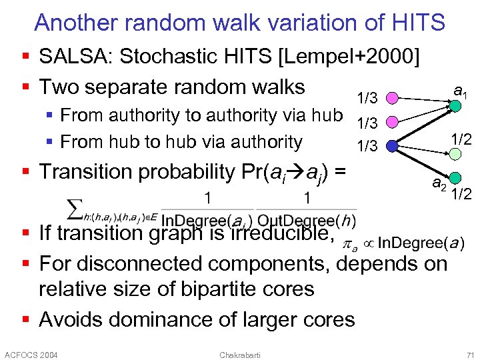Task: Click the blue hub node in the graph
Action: [392, 145]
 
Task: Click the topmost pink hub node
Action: [393, 99]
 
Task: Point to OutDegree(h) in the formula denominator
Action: [306, 220]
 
